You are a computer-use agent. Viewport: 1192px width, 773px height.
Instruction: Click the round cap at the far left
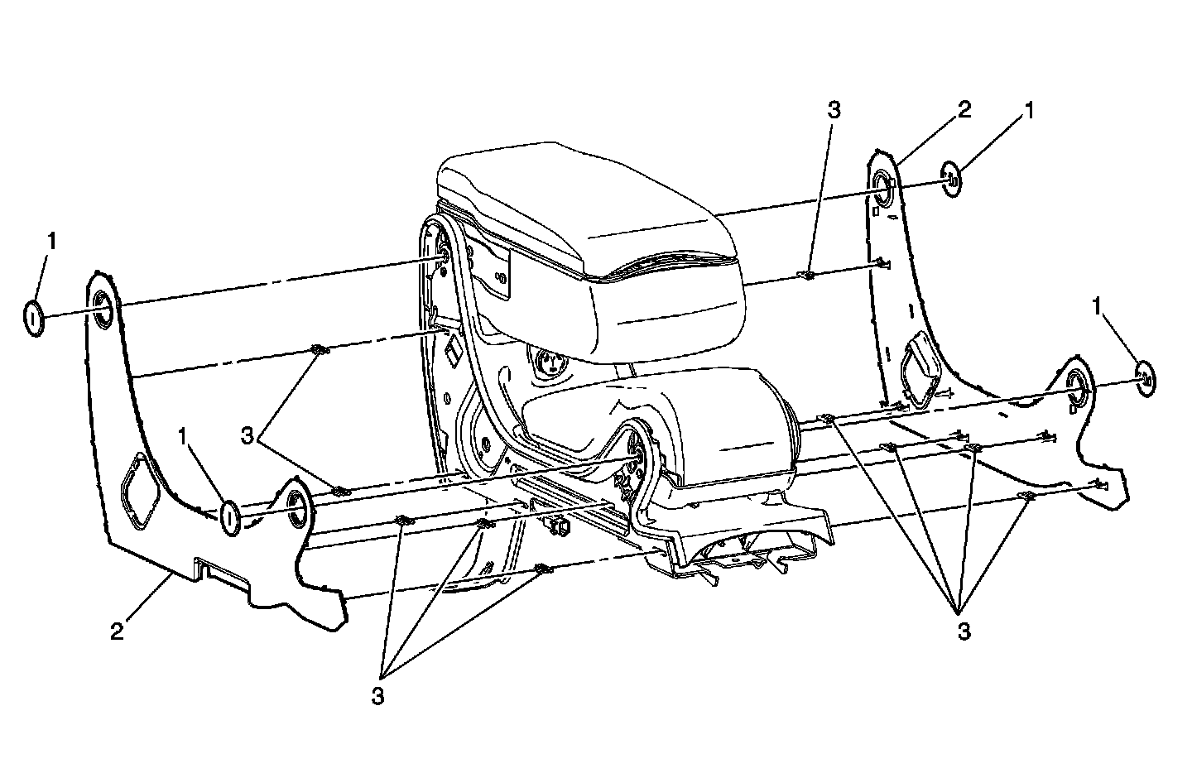click(x=32, y=319)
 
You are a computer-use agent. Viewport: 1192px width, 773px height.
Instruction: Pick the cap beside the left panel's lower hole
click(x=230, y=517)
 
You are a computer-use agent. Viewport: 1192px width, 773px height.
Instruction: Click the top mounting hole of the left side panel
click(x=104, y=310)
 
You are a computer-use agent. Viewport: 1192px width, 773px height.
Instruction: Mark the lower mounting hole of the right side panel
click(x=1078, y=386)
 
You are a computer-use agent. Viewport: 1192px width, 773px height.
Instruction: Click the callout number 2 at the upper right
click(x=964, y=110)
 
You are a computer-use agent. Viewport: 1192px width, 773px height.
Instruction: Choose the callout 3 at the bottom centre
click(x=377, y=696)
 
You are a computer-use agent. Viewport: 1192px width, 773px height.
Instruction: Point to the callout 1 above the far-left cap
click(x=52, y=242)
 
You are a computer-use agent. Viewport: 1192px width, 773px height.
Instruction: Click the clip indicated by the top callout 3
click(x=808, y=275)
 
